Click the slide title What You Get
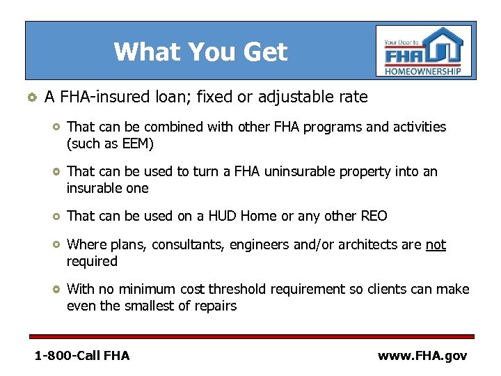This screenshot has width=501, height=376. pos(200,52)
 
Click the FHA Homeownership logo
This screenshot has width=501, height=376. pos(423,51)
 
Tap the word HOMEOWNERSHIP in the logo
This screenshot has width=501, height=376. pos(423,71)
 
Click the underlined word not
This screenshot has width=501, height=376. pos(436,244)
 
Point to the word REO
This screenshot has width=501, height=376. pos(373,216)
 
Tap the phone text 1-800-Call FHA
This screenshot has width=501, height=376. pos(82,356)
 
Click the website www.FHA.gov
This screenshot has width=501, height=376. pos(422,356)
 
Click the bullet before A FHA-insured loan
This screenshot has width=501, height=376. pos(30,97)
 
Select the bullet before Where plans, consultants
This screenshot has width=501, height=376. pos(56,244)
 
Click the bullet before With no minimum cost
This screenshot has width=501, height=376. pos(56,289)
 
